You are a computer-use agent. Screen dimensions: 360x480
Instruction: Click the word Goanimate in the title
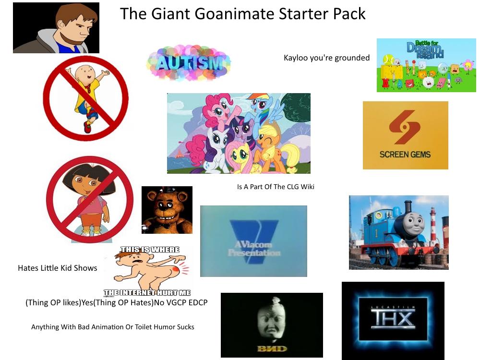[231, 13]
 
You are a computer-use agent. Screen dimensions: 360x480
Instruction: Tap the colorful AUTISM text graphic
[189, 63]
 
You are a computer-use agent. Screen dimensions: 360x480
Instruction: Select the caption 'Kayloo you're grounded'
[326, 58]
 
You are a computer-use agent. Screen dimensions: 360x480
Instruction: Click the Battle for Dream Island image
[426, 65]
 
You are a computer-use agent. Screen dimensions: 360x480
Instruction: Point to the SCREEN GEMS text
[405, 155]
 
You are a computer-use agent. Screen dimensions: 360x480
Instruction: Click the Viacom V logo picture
[253, 241]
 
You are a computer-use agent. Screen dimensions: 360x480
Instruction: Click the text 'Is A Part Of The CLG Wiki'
[276, 187]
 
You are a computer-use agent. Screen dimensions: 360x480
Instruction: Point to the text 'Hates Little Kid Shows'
[57, 268]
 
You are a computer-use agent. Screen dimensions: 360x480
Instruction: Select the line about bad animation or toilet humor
[113, 327]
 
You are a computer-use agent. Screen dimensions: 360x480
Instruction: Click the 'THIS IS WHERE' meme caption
[149, 250]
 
